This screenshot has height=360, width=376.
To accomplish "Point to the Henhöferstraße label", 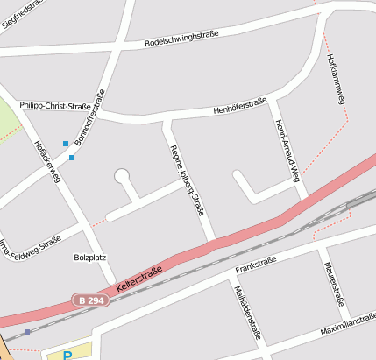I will click(240, 107).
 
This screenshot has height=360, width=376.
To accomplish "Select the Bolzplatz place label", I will click(90, 258).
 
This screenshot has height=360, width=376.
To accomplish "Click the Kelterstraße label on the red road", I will click(138, 279).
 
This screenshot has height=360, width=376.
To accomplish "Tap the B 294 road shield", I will click(89, 300).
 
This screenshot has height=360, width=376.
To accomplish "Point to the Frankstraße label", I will click(257, 261).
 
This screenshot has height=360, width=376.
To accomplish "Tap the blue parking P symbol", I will click(67, 355).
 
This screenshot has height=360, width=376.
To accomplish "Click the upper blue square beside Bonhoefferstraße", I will click(65, 143).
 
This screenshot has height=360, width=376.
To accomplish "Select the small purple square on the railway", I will click(27, 332).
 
